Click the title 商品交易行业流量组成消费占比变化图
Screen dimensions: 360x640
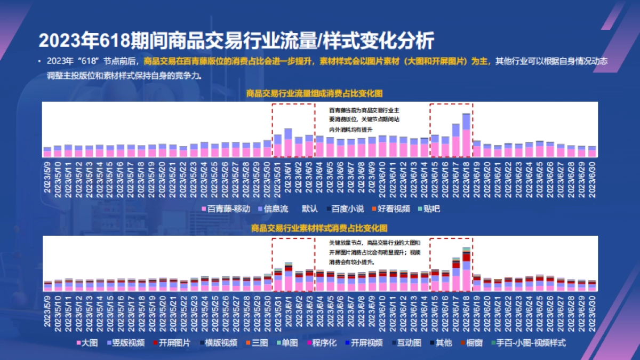[314, 93]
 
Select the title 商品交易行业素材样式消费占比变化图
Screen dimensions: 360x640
[319, 228]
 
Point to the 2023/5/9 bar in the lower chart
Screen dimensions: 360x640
[47, 286]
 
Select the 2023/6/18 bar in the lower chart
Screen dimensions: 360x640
[466, 270]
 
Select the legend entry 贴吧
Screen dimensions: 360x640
[428, 209]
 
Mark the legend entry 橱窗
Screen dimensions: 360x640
[471, 343]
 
